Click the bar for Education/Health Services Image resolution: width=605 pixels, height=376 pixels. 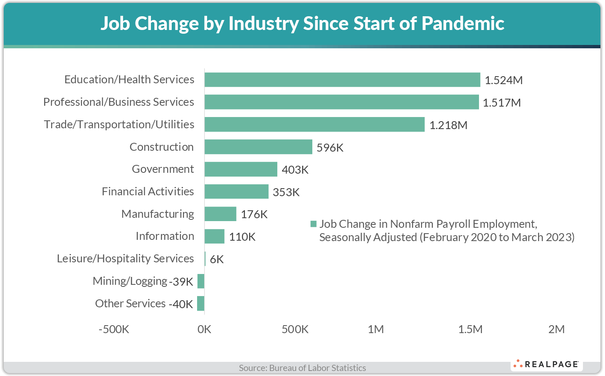click(342, 80)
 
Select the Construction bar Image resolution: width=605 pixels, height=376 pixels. click(258, 147)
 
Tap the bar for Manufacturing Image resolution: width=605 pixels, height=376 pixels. click(220, 214)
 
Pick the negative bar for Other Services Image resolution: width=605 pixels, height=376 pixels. click(201, 304)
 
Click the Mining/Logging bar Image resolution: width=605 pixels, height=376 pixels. click(201, 281)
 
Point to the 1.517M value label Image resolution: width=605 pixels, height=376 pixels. click(501, 103)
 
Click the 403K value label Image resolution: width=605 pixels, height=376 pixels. click(295, 170)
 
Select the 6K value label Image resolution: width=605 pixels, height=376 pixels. click(217, 259)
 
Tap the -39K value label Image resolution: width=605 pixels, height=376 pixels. click(181, 282)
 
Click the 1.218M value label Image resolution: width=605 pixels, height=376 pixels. click(448, 125)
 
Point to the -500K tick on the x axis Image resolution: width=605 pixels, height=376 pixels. click(114, 329)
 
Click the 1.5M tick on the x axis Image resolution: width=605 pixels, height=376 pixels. click(470, 329)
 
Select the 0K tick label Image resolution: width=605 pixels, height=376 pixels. click(205, 329)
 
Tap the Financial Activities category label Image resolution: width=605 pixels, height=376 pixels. click(148, 192)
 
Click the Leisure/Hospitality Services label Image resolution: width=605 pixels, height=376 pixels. click(125, 259)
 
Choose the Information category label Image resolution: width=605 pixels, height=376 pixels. click(165, 236)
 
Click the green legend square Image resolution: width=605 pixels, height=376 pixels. click(314, 224)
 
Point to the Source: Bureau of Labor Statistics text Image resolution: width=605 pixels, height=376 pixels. click(302, 368)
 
